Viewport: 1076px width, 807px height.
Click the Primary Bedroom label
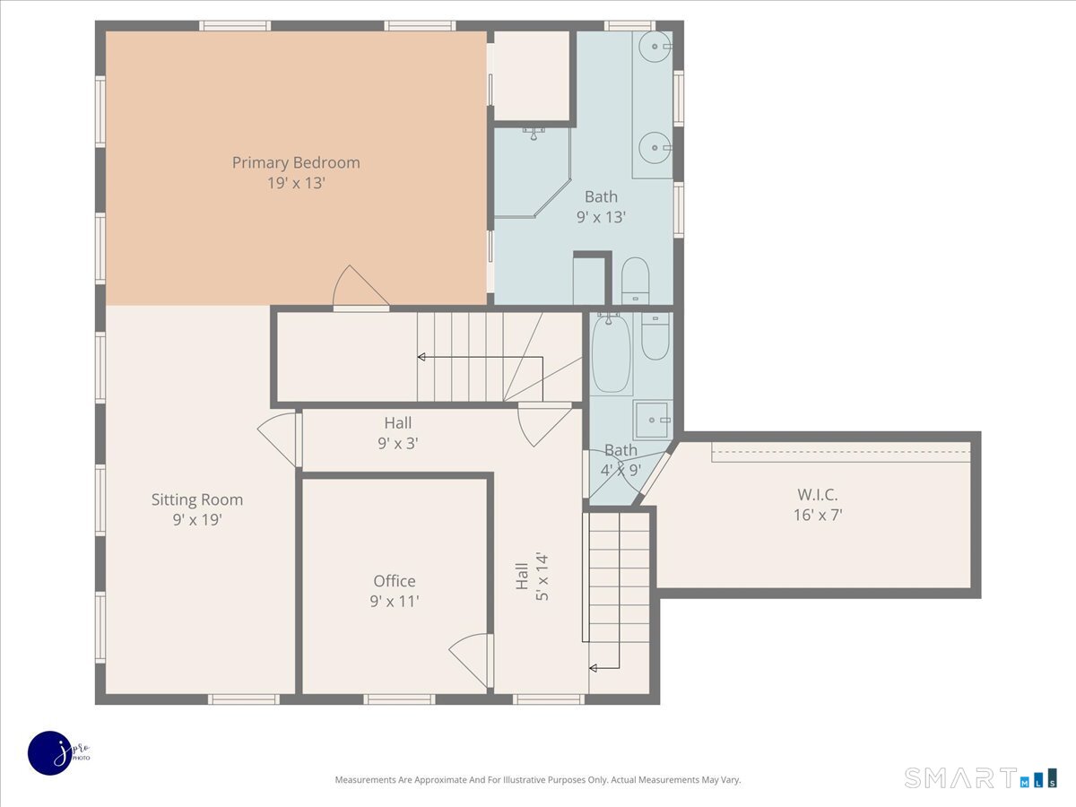[x=296, y=162]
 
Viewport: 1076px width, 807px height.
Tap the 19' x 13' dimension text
[x=296, y=183]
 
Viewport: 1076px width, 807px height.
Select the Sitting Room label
[x=197, y=499]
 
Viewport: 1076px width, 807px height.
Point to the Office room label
[x=395, y=581]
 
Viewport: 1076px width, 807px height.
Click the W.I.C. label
[x=817, y=494]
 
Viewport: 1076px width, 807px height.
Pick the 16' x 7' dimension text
[x=818, y=515]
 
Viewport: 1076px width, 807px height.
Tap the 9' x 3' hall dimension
[x=397, y=444]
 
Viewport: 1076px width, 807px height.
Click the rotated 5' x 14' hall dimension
[x=542, y=577]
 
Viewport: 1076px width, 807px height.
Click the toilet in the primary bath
[x=636, y=281]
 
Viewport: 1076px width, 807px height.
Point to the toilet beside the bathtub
[x=655, y=336]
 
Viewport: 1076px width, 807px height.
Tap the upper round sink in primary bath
[x=655, y=47]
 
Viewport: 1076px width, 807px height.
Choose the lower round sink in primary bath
[x=655, y=147]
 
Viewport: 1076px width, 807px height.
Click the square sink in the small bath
[x=652, y=420]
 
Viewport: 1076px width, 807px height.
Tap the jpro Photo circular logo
[x=50, y=753]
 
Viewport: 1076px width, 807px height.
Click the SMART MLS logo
[x=981, y=778]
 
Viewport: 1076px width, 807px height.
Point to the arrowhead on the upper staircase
[x=421, y=357]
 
